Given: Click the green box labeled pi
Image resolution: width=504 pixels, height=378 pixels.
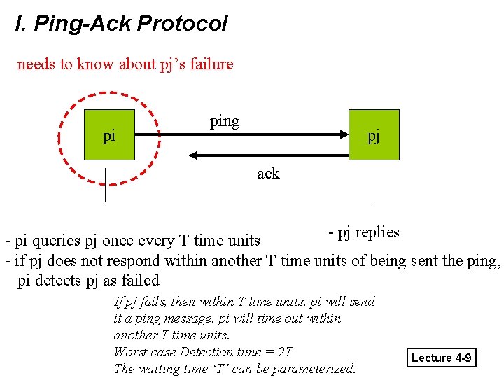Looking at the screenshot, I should [109, 135].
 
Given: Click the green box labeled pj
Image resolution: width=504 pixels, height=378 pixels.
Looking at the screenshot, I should [374, 135].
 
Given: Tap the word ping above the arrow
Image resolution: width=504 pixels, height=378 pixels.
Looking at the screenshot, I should [225, 121].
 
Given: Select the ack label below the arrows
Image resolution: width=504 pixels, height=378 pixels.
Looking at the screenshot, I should [268, 173].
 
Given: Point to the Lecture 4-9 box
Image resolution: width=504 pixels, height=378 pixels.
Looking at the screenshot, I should [442, 358].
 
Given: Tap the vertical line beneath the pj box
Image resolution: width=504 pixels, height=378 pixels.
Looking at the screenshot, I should [370, 186].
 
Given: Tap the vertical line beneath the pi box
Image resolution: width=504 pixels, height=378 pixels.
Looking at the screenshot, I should [105, 185].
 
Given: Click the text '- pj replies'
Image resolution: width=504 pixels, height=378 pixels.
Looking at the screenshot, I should [364, 232].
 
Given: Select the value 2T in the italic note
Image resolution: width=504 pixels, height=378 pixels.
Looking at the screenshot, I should [285, 352].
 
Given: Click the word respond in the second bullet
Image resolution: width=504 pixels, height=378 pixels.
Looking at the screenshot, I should [137, 262].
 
